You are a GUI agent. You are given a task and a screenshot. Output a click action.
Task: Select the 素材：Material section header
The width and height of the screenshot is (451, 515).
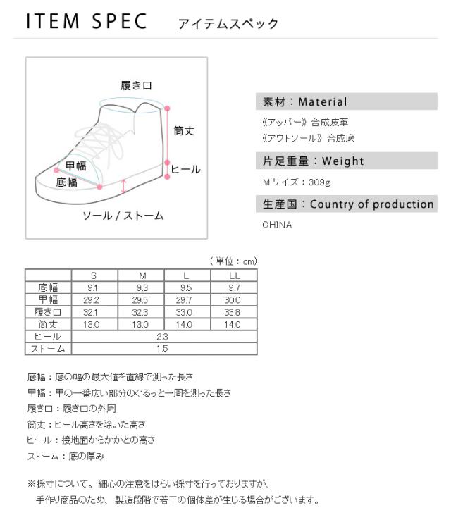(x=304, y=102)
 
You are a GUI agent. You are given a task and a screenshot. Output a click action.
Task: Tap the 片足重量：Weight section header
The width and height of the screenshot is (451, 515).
(x=313, y=161)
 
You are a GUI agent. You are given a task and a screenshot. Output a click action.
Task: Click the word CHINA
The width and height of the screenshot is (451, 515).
(x=276, y=225)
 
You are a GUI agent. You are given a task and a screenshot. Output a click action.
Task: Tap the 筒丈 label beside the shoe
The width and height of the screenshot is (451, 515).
(x=184, y=130)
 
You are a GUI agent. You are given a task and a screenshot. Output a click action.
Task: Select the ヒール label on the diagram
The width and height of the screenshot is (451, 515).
(x=186, y=169)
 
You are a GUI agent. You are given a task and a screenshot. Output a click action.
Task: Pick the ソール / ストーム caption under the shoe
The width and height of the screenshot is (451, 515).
(x=123, y=215)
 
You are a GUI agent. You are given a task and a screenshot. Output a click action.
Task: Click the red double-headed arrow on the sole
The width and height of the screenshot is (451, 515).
(x=124, y=186)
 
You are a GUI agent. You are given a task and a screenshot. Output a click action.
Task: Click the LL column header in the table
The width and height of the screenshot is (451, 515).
(x=234, y=275)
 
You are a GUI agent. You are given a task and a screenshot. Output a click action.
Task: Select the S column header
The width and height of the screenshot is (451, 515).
(x=94, y=275)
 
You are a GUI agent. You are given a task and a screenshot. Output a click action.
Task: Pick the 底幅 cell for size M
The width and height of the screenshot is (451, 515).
(x=141, y=287)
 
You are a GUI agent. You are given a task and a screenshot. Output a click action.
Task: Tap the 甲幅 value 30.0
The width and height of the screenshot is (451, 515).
(x=234, y=299)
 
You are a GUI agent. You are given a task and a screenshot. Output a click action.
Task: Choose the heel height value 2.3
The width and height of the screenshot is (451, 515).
(x=163, y=337)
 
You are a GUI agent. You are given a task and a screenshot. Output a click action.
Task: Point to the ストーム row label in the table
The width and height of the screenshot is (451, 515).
(x=48, y=349)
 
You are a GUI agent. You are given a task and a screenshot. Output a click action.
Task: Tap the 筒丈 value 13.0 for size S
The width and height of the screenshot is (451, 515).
(x=94, y=324)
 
